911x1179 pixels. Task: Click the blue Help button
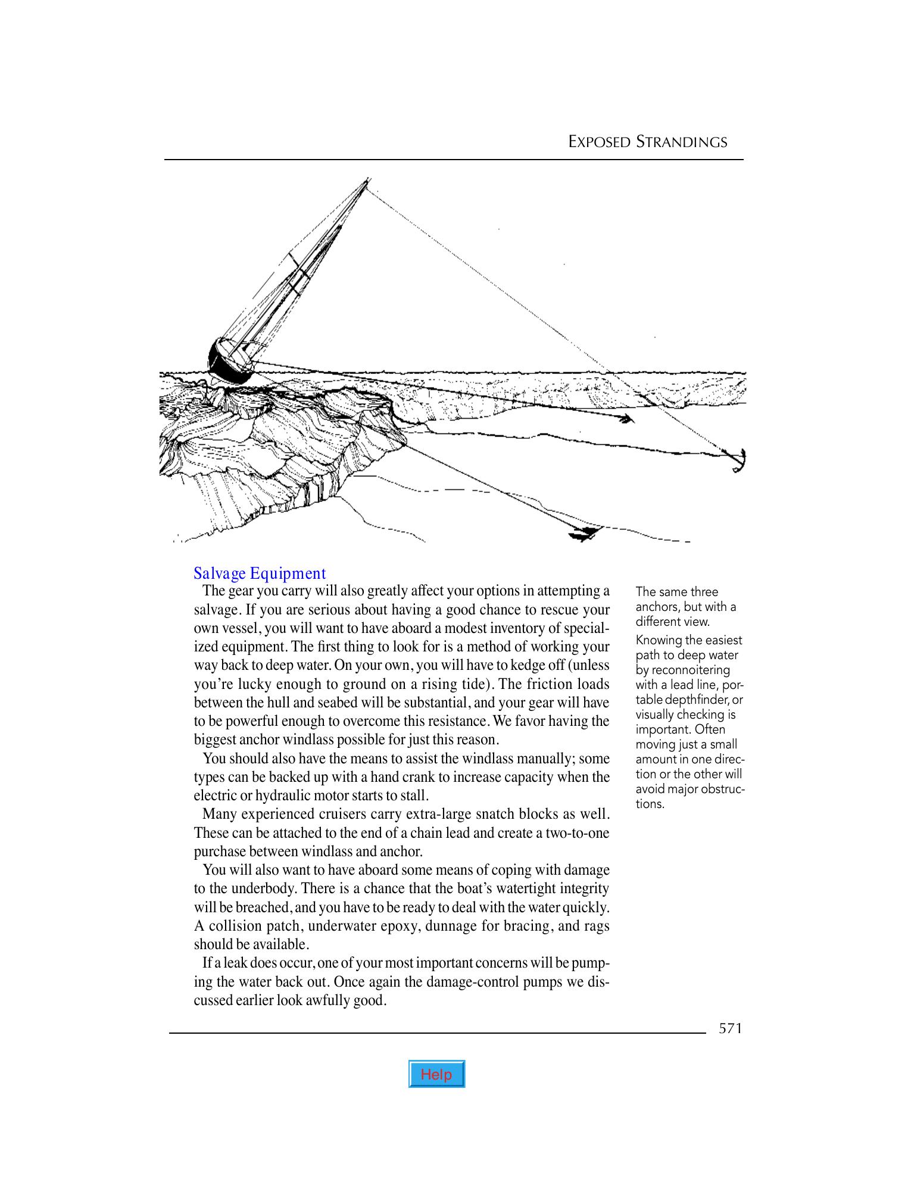[436, 1074]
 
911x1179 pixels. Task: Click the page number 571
[730, 1028]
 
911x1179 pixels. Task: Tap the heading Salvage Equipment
[260, 573]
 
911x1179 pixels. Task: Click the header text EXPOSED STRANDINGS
[647, 142]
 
